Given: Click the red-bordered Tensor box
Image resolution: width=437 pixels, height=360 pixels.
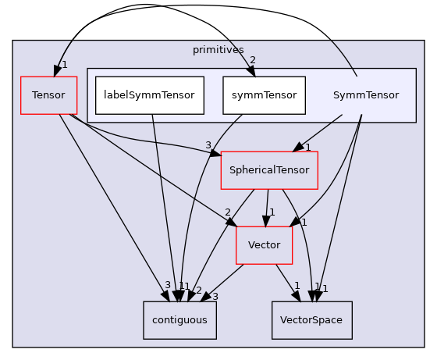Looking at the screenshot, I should click(48, 95).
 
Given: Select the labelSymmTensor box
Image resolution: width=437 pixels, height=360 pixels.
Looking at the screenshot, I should click(150, 95).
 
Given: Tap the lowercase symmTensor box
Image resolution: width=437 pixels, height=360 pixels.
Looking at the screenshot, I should click(264, 95).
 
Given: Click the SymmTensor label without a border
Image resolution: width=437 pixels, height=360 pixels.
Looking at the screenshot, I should click(365, 95).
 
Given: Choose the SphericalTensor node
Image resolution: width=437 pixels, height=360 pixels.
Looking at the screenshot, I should click(269, 170).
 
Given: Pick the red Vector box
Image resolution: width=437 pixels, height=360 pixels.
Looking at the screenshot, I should click(264, 245).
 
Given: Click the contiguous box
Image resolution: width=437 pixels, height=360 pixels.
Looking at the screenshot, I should click(179, 320).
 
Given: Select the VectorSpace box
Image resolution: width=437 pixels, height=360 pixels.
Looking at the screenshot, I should click(311, 320).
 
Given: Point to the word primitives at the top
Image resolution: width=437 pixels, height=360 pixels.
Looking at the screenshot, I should click(218, 50).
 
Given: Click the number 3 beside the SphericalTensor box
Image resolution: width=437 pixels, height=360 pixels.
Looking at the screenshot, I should click(208, 145).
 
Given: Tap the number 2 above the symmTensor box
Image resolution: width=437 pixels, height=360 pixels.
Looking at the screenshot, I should click(252, 60).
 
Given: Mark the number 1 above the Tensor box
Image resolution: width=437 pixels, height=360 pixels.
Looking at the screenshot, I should click(64, 65).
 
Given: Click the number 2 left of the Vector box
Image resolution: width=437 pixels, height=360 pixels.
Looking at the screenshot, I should click(227, 212).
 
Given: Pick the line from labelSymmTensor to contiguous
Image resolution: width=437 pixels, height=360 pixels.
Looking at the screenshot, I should click(160, 203).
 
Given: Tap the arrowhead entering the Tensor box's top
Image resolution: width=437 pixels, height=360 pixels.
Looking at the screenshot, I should click(55, 71).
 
